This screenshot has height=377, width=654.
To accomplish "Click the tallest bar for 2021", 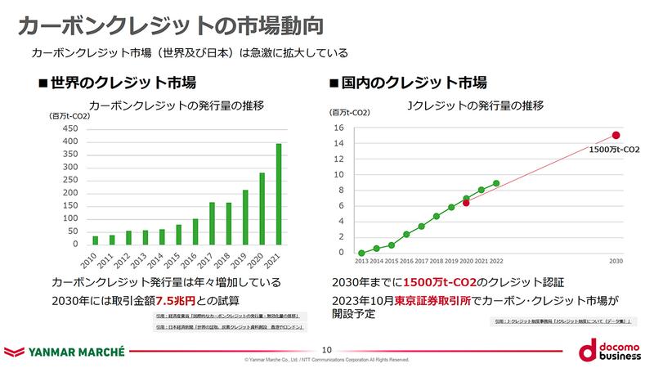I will click(279, 194).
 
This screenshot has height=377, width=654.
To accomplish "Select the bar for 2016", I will click(195, 231).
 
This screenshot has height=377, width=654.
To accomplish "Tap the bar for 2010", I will click(95, 240).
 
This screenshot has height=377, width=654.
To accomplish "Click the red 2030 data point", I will click(616, 136).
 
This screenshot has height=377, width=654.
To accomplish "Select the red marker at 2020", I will click(466, 203).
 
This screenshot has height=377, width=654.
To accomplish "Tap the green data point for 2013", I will click(361, 253).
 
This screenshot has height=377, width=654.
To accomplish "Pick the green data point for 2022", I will click(496, 183).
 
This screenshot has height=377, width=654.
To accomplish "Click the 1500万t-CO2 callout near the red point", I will click(612, 151).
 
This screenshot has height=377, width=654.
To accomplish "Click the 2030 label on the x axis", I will click(616, 260).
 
